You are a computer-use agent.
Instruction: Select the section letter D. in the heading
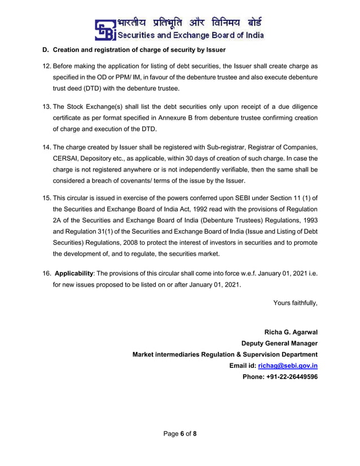[x=46, y=51]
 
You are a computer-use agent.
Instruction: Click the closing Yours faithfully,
[x=295, y=303]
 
